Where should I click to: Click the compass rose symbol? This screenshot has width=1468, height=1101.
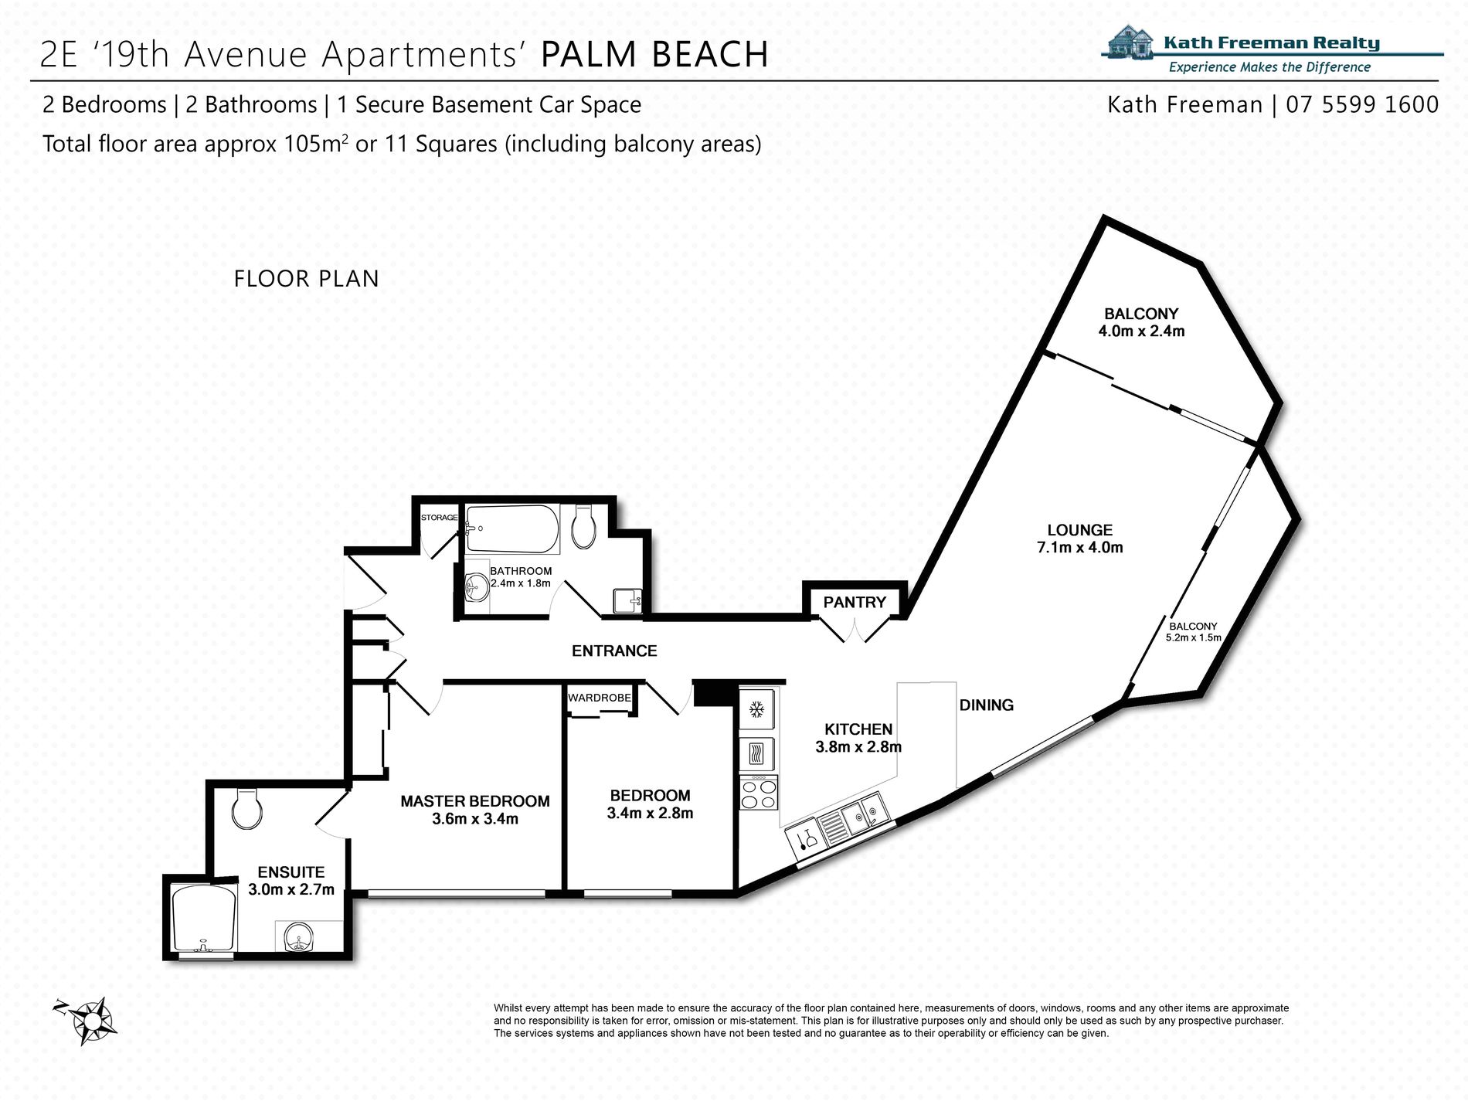coord(88,1020)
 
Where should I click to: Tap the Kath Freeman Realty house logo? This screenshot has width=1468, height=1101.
coord(1131,42)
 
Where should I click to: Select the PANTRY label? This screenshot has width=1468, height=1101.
coord(855,602)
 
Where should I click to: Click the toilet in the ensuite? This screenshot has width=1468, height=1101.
coord(247,808)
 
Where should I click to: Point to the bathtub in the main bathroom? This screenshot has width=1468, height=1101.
coord(512,529)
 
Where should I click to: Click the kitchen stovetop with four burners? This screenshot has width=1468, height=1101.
coord(759,793)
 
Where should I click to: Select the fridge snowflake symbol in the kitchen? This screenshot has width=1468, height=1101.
coord(757,709)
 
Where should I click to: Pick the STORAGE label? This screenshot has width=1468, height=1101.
coord(439,517)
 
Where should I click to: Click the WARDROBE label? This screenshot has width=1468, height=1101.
coord(600,698)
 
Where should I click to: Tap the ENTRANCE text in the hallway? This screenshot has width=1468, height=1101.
coord(614,651)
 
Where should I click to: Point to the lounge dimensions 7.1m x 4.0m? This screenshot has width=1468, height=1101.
coord(1080,547)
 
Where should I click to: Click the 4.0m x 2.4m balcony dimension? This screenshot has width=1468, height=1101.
coord(1141,331)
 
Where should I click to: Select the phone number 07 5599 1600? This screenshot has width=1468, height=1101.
coord(1362,104)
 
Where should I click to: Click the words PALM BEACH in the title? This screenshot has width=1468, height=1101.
coord(654,54)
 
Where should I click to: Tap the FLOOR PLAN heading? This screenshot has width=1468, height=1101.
coord(307,278)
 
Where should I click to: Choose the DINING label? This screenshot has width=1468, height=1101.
coord(987,705)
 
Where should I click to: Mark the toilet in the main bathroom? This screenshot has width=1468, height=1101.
coord(583,527)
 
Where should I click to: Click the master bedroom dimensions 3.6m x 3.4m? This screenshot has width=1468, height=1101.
coord(475,818)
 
